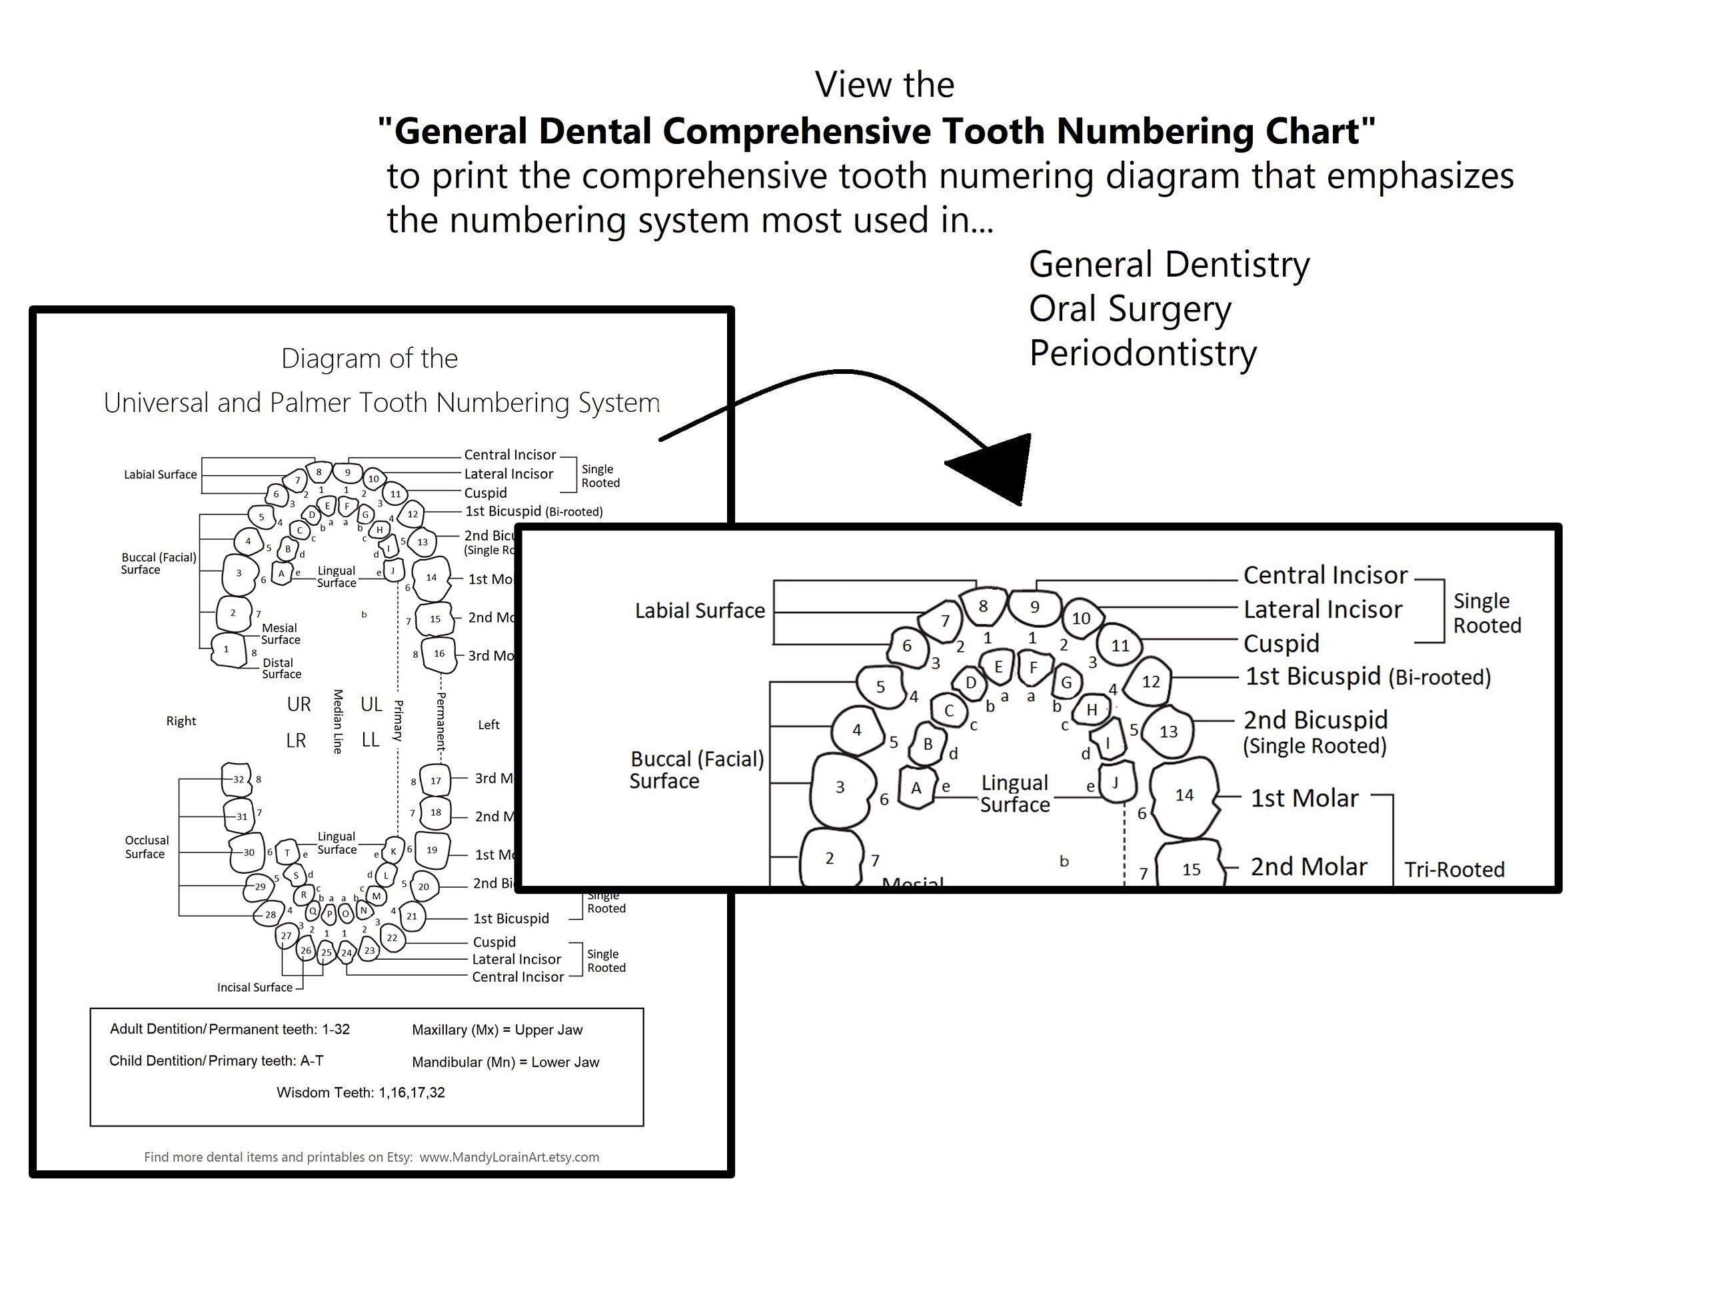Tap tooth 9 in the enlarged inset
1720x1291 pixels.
point(1034,607)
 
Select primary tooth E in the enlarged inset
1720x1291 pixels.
point(998,666)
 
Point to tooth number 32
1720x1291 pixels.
point(238,779)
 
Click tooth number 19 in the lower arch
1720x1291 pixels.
point(432,850)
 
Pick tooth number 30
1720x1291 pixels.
point(248,852)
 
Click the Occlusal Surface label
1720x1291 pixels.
point(145,847)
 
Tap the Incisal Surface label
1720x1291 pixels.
point(255,988)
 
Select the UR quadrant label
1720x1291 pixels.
point(299,704)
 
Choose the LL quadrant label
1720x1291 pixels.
point(370,740)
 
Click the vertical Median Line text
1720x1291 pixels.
point(337,721)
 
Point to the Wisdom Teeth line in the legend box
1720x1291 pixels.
point(361,1092)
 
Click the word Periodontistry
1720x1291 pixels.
point(1142,354)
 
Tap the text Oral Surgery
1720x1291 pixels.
point(1130,309)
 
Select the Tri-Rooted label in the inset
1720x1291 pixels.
point(1454,870)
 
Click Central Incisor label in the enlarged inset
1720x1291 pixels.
point(1325,575)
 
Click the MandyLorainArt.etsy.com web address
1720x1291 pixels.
point(509,1157)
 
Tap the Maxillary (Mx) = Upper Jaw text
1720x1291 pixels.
point(497,1030)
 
